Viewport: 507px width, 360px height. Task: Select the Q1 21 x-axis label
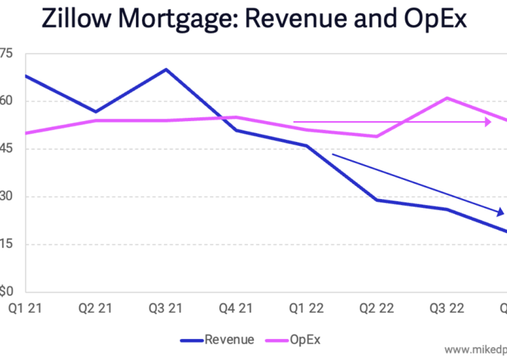click(25, 308)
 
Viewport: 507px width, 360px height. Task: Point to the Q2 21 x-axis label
click(95, 308)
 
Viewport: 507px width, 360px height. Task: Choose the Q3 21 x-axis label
click(165, 308)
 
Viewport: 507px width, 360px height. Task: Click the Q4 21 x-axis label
click(236, 308)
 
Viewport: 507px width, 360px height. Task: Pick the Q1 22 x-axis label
click(306, 308)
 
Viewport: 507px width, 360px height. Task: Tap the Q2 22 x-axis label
click(376, 308)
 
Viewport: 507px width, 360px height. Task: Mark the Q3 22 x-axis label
click(447, 308)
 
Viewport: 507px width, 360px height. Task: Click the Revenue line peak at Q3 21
click(166, 69)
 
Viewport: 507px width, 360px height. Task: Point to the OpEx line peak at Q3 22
click(447, 98)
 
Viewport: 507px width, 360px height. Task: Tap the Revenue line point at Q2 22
click(376, 200)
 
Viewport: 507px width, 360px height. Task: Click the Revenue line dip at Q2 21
click(96, 112)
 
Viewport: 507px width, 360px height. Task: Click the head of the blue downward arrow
click(501, 212)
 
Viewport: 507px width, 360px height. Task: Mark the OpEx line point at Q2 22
click(376, 136)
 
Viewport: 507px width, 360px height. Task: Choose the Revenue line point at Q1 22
click(307, 146)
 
